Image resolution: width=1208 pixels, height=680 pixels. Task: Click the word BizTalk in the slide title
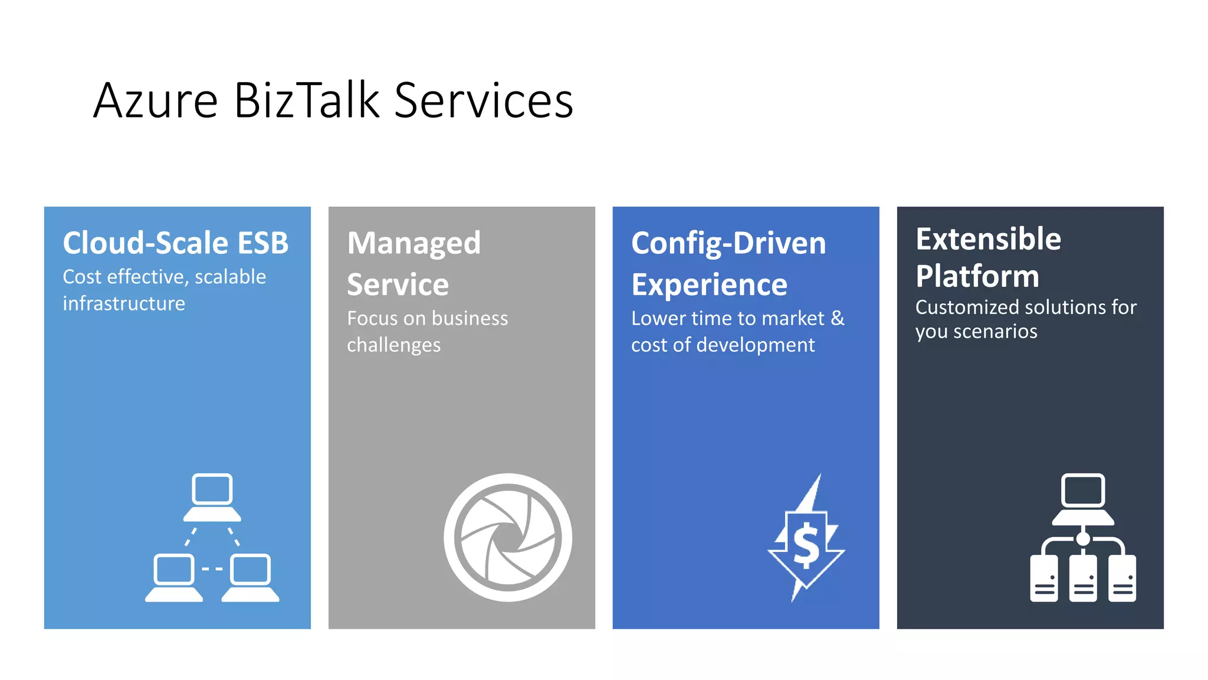[x=307, y=101]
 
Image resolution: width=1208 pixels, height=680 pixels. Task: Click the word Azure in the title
[x=156, y=101]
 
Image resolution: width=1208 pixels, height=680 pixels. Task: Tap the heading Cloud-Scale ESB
[x=176, y=243]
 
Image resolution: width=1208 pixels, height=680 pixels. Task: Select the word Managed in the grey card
[x=413, y=244]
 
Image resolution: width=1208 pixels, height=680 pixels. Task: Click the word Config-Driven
[x=728, y=244]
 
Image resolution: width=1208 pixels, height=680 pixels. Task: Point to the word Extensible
[x=988, y=239]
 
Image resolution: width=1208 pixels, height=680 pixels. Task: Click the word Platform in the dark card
[x=977, y=276]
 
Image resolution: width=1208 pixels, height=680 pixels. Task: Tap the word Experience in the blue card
[x=709, y=285]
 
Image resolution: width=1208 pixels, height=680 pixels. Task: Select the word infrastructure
[x=124, y=303]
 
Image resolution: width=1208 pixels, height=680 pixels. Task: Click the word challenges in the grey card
[x=393, y=345]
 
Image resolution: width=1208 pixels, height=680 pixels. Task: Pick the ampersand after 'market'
[x=838, y=318]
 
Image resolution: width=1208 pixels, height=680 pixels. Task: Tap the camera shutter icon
[x=507, y=537]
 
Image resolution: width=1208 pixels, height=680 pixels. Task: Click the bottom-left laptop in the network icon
[x=173, y=577]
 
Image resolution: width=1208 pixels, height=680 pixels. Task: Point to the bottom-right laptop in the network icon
[x=251, y=577]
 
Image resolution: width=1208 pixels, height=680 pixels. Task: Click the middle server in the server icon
[x=1083, y=579]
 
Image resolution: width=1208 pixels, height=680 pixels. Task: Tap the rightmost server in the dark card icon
[x=1122, y=579]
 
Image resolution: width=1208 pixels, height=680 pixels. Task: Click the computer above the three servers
[x=1083, y=498]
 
